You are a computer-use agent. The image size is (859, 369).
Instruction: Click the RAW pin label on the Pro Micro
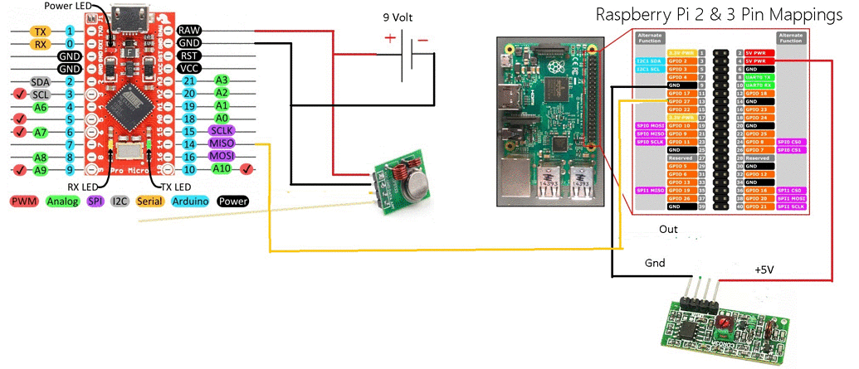(188, 31)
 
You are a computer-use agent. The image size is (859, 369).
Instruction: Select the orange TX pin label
(39, 31)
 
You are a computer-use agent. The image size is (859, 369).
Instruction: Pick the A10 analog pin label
(221, 168)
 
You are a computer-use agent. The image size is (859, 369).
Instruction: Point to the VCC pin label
(188, 68)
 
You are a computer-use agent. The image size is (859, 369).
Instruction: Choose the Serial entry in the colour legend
(149, 201)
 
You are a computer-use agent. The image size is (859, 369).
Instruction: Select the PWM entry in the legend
(25, 201)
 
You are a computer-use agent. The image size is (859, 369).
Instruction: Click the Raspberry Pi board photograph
(548, 120)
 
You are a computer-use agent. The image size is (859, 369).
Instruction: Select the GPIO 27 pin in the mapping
(679, 101)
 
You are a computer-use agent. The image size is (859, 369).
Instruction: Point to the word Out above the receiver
(669, 228)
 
